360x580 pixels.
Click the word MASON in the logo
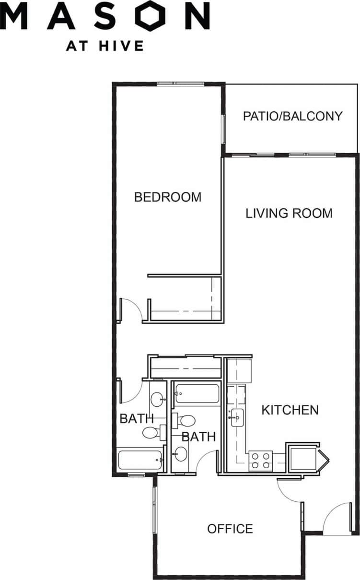[x=105, y=15]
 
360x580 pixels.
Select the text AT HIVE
[x=105, y=46]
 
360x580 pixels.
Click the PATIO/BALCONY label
[x=292, y=116]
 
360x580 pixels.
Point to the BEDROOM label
[x=167, y=197]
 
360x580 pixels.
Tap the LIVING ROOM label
[x=289, y=213]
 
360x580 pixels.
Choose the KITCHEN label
[x=290, y=410]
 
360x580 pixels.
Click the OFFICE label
[x=230, y=529]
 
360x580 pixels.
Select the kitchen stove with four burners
[x=260, y=461]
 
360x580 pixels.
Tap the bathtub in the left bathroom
[x=140, y=461]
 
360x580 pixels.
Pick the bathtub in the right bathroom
[x=197, y=394]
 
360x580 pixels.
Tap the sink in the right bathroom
[x=181, y=453]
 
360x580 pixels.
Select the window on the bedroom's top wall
[x=174, y=83]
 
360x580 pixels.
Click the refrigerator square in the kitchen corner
[x=303, y=459]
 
